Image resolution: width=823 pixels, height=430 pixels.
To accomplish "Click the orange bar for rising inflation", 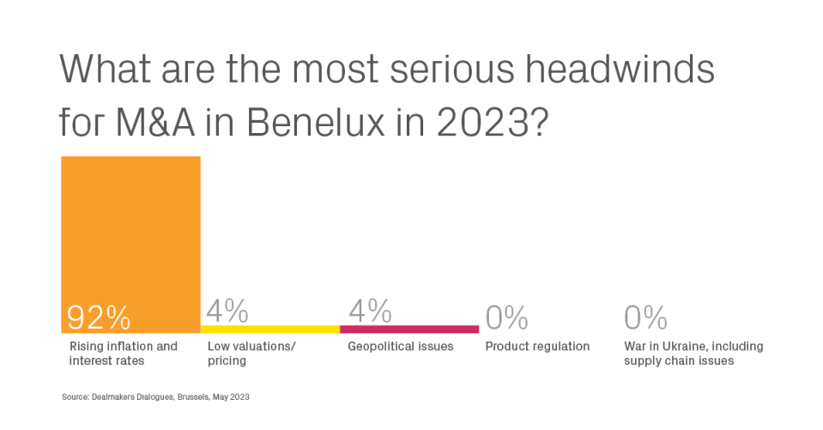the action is click(130, 245).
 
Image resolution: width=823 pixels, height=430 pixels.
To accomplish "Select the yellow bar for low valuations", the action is click(270, 330).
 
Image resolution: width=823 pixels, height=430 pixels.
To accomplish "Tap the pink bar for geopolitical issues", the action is click(409, 330).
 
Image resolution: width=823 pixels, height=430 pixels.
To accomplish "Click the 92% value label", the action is click(99, 317).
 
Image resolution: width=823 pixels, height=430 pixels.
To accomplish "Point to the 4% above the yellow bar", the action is click(227, 311).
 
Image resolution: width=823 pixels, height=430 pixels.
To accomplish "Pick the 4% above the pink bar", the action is click(370, 311).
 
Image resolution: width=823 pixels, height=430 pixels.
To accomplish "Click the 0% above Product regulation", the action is click(506, 317).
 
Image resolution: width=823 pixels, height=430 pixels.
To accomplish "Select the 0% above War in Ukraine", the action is click(645, 317).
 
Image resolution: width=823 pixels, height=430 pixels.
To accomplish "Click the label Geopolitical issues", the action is click(401, 347).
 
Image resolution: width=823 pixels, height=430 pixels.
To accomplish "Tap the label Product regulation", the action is click(537, 347).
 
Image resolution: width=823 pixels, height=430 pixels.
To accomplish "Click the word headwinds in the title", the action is click(620, 69).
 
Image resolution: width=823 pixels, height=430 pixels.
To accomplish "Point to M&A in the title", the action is click(154, 122).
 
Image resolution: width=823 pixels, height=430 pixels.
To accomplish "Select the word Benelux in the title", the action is click(316, 122).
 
